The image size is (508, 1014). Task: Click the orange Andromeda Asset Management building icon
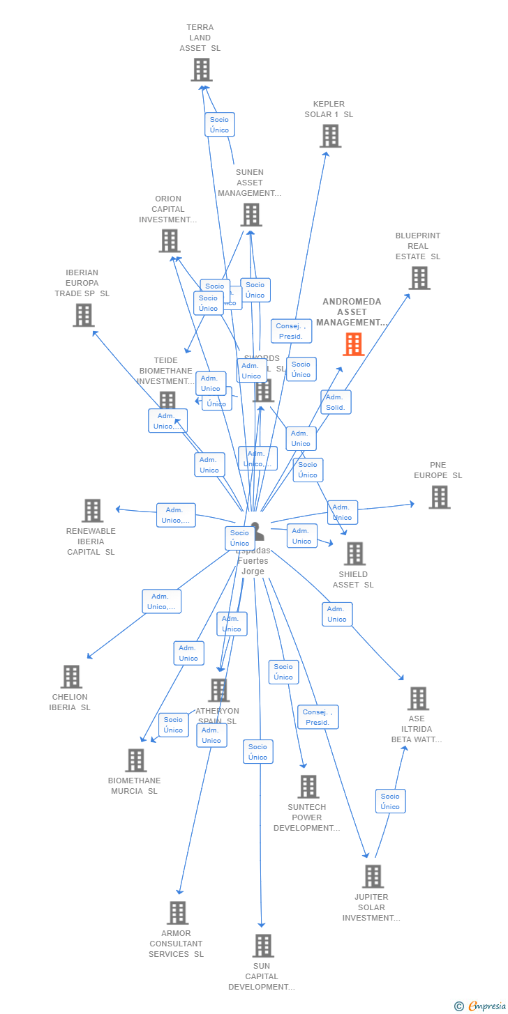tap(354, 344)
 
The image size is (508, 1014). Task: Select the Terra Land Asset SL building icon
tap(202, 70)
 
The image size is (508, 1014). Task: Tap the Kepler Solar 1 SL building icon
tap(330, 136)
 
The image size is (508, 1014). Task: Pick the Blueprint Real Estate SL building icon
tap(419, 278)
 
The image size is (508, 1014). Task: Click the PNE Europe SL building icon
tap(439, 498)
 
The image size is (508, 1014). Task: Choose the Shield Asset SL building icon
tap(354, 554)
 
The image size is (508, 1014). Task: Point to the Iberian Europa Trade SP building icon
tap(84, 315)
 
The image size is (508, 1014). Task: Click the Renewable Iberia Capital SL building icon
tap(92, 511)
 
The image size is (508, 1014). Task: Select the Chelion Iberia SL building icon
tap(71, 677)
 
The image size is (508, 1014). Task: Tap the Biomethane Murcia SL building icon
tap(135, 760)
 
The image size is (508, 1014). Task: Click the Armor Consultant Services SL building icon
tap(178, 913)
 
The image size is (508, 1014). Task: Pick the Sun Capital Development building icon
tap(263, 946)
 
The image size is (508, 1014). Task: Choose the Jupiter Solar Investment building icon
tap(373, 877)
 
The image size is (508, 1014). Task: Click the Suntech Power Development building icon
tap(308, 787)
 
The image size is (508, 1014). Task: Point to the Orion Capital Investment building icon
tap(170, 241)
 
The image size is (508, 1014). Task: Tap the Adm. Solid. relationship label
tap(336, 402)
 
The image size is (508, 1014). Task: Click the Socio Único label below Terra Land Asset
tap(220, 125)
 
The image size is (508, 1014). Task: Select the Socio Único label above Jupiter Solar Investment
tap(390, 801)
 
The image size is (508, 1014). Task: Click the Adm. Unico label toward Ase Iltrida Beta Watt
tap(337, 614)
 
